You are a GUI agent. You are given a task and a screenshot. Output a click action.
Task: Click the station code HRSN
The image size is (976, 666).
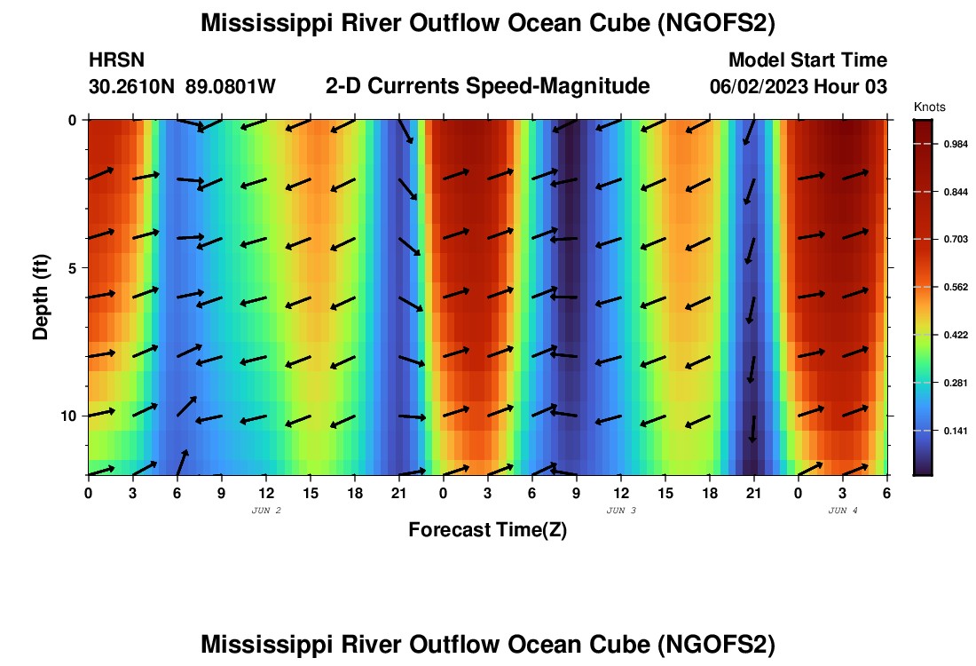tap(116, 60)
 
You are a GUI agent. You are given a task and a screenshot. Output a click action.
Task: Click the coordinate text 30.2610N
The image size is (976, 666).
tap(133, 87)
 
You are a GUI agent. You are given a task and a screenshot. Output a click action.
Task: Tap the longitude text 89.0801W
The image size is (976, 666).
tap(231, 87)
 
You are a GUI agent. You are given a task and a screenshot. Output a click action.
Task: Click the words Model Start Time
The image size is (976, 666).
tap(807, 60)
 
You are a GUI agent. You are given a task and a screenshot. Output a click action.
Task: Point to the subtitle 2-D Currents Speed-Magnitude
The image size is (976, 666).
tap(488, 86)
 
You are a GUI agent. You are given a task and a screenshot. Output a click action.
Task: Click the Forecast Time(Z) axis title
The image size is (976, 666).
tap(487, 530)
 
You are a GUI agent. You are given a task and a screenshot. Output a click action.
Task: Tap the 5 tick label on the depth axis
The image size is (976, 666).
tap(74, 267)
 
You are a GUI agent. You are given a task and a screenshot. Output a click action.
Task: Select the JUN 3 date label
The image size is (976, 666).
tap(621, 511)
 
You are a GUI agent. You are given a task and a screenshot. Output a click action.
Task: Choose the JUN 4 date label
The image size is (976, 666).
tap(843, 511)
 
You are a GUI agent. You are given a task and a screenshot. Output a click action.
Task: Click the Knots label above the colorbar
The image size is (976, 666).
tap(929, 107)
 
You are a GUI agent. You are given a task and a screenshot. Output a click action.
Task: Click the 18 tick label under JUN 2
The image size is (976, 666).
tap(355, 493)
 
